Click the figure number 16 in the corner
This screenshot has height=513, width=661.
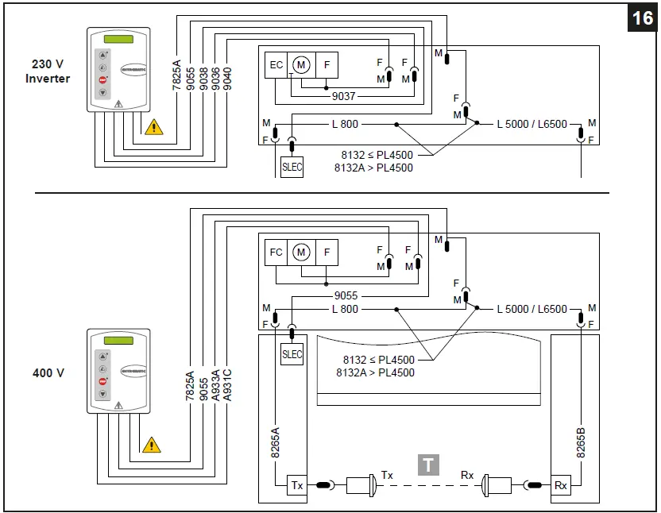[641, 17]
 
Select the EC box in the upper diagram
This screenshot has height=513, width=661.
[276, 65]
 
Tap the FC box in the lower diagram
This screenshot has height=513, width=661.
[276, 253]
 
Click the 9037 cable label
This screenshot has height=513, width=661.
[344, 96]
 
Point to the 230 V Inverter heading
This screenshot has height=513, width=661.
[48, 71]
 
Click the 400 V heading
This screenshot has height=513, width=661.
[48, 372]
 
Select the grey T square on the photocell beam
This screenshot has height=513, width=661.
[429, 465]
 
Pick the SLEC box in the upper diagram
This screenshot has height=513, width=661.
[292, 168]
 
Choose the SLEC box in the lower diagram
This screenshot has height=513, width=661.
[292, 354]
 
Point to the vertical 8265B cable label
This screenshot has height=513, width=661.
[581, 440]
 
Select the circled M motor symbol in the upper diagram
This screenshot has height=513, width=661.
[301, 65]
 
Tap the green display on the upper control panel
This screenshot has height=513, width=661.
[117, 40]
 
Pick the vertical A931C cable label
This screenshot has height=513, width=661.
[228, 384]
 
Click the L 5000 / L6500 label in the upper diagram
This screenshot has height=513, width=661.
[532, 124]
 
